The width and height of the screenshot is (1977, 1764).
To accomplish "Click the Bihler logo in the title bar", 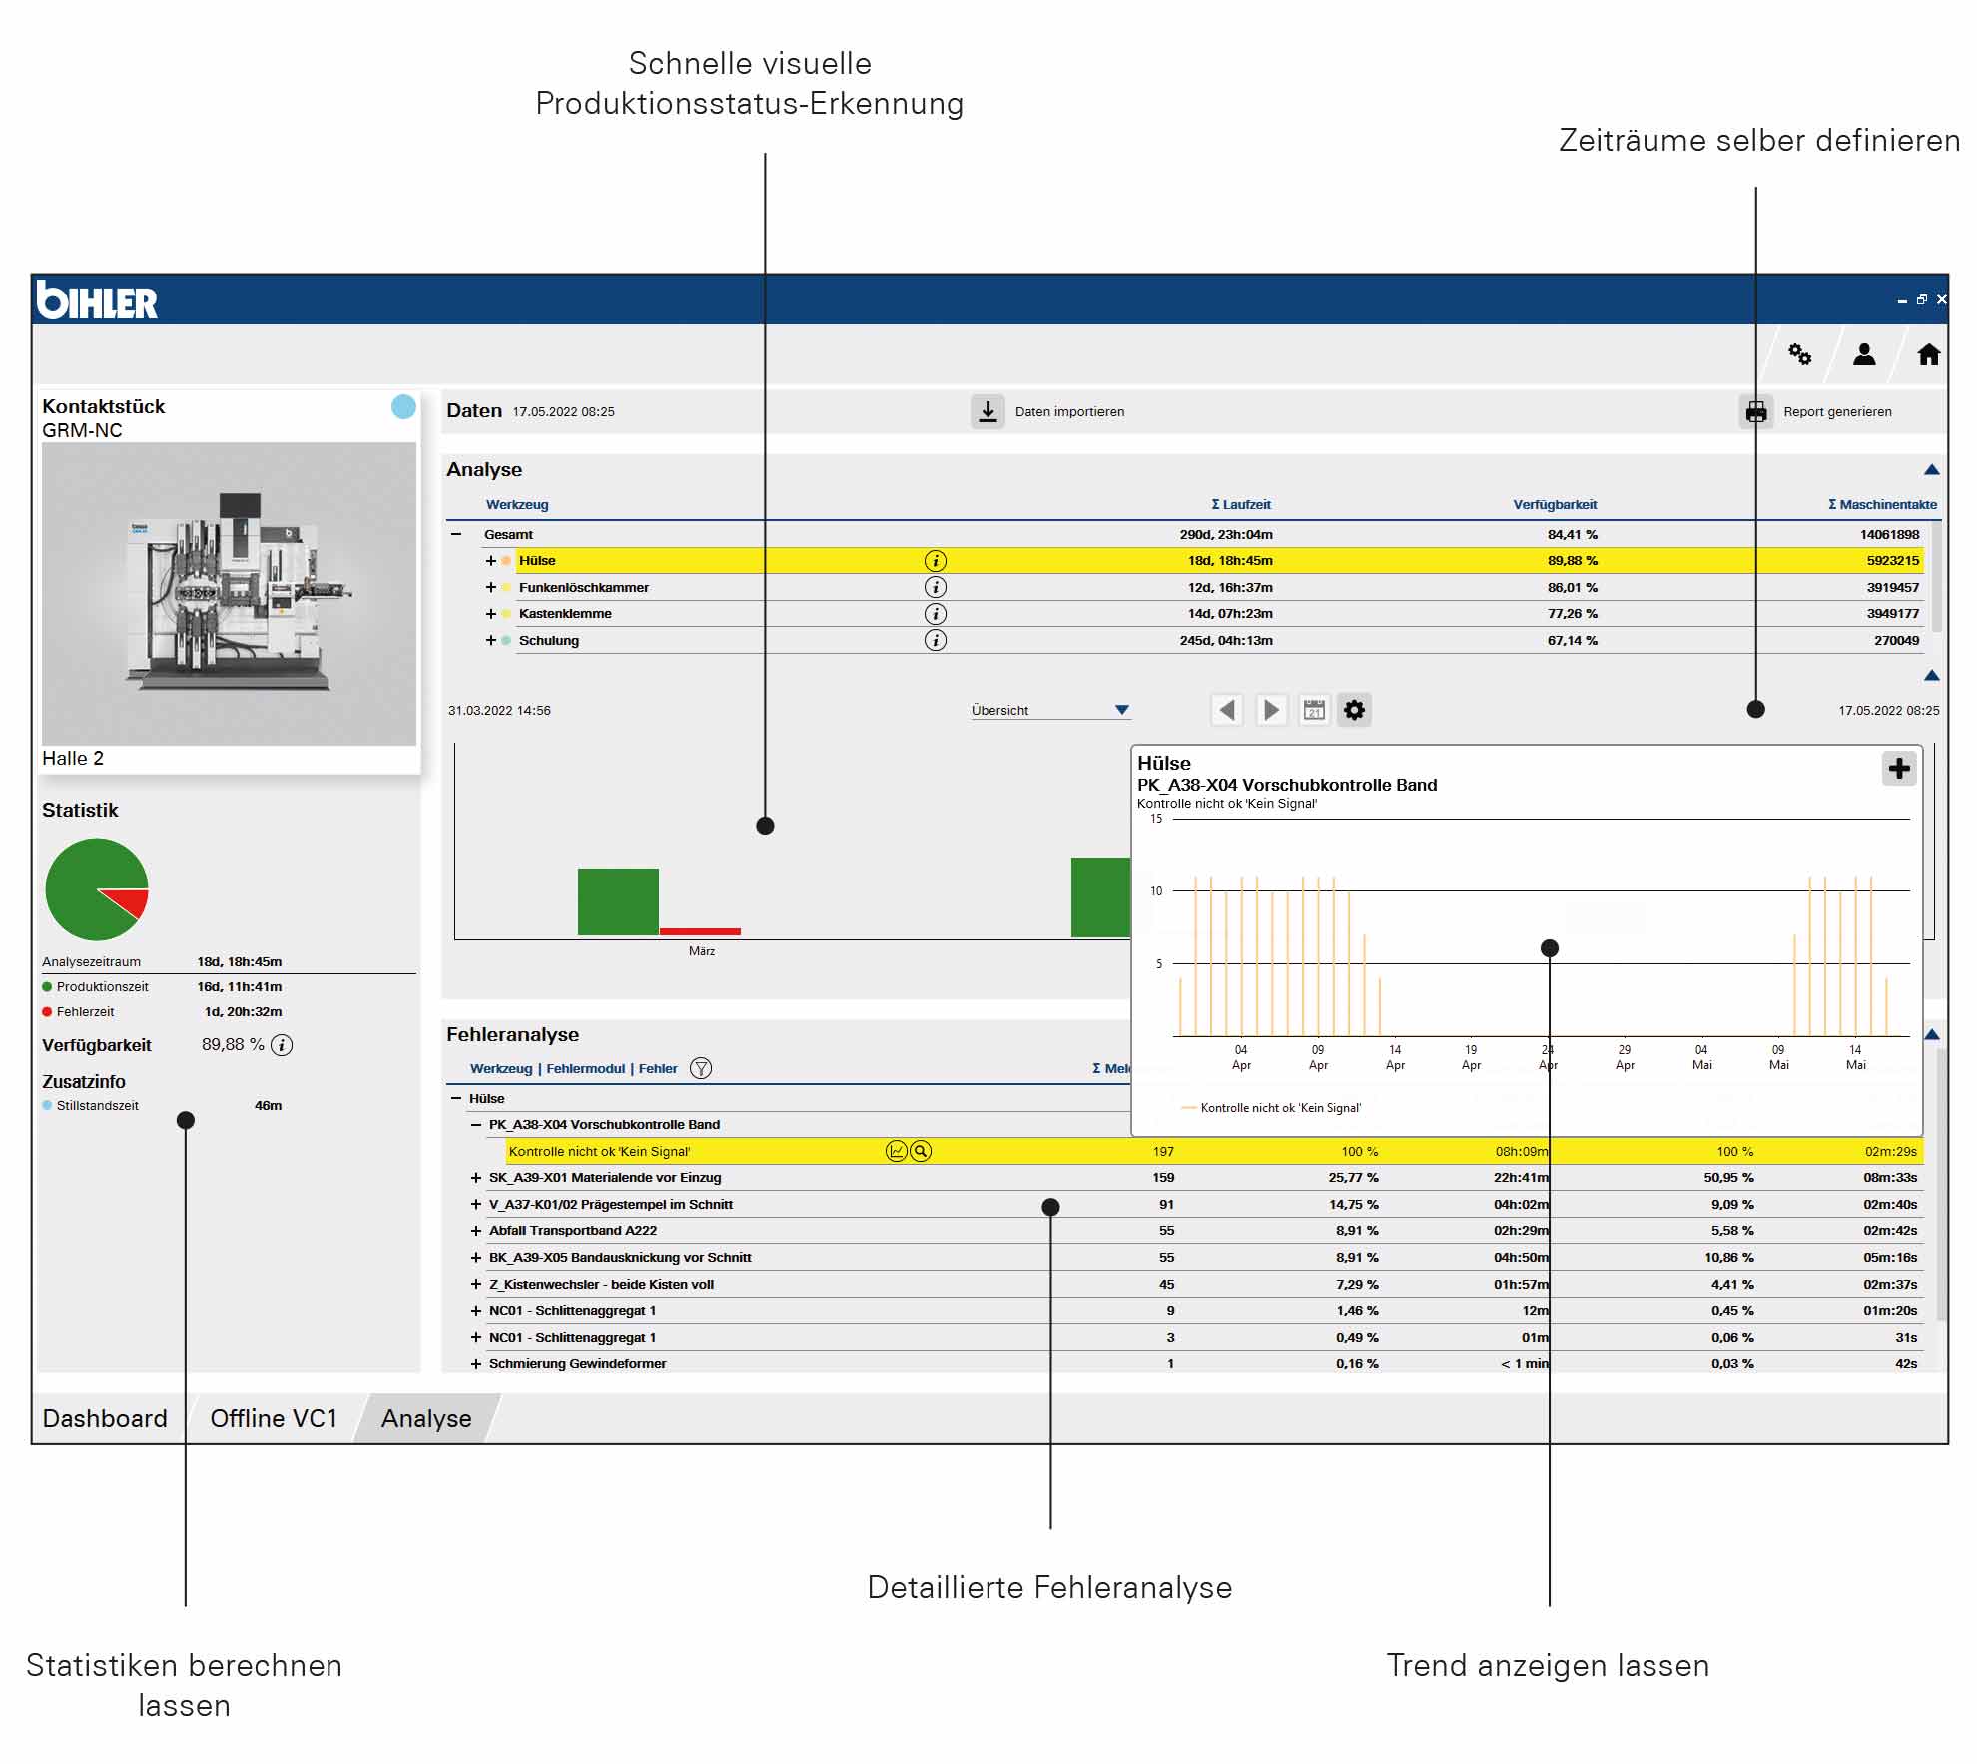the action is tap(97, 300).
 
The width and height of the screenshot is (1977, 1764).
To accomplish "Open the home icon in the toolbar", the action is tap(1928, 354).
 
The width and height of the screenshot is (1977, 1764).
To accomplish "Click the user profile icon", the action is tap(1864, 354).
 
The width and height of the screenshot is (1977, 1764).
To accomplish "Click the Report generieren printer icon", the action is tap(1756, 411).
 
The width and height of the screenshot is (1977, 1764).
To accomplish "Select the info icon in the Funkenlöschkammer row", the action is tap(935, 587).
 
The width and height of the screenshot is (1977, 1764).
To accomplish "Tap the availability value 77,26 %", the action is tap(1573, 614).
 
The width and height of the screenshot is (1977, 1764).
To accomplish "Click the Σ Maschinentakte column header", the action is tap(1882, 505).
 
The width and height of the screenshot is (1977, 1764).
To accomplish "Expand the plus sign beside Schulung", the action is tap(491, 641).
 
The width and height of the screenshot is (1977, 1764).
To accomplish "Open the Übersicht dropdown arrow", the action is tap(1122, 710).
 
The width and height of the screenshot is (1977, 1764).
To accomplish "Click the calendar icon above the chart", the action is tap(1314, 710).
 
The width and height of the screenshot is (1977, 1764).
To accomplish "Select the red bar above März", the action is tap(700, 931).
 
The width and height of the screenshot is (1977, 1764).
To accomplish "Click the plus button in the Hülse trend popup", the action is tap(1899, 768).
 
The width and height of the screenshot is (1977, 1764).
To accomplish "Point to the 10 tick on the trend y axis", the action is tap(1156, 891).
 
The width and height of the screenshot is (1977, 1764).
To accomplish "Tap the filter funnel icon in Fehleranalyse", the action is tap(702, 1069).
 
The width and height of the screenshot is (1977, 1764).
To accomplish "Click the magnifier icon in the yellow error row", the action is tap(921, 1152).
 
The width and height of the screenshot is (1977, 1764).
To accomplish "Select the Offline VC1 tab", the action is tap(274, 1419).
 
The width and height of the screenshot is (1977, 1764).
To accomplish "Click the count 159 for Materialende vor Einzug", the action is tap(1163, 1178).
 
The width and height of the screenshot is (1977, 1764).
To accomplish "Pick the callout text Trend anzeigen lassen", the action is tap(1548, 1665).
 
